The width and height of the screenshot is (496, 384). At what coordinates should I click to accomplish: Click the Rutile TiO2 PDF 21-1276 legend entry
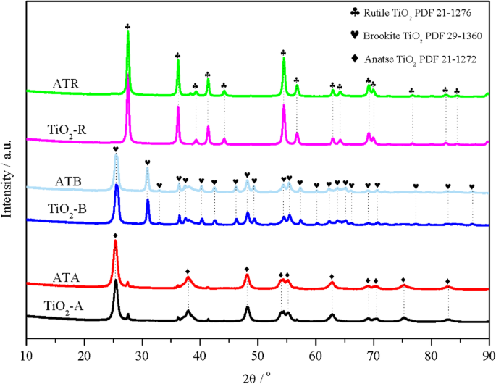[x=424, y=12]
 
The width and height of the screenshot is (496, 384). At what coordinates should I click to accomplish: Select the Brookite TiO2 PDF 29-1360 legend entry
[x=427, y=34]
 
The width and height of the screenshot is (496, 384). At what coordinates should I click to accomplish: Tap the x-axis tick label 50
[x=258, y=354]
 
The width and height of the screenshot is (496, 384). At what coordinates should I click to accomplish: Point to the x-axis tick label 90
[x=489, y=354]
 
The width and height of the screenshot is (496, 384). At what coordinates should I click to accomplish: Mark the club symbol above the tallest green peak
[x=128, y=27]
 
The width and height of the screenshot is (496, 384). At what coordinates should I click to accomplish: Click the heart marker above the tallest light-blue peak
[x=116, y=149]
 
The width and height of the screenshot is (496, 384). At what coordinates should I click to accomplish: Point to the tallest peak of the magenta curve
[x=128, y=75]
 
